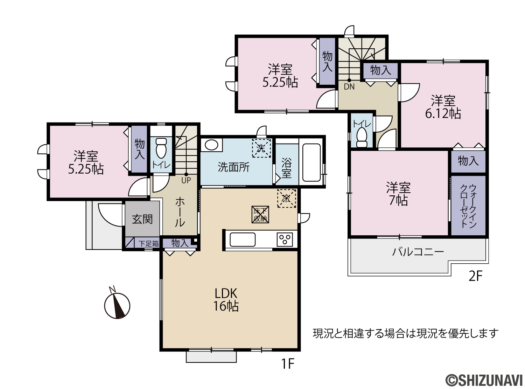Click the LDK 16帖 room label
coord(226,300)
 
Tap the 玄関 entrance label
coord(142,219)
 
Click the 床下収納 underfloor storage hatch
coord(260,215)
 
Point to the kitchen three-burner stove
coord(285,239)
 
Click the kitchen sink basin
coord(243,239)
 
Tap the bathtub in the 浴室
coord(311,162)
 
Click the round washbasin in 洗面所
coord(211,145)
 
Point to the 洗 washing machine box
coord(261,148)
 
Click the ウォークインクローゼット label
coord(468,206)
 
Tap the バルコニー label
coord(418,252)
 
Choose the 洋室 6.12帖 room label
coord(443,107)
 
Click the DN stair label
coord(349,87)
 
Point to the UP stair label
coord(186,180)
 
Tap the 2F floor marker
coord(476,276)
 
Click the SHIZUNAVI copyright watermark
coord(484,381)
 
